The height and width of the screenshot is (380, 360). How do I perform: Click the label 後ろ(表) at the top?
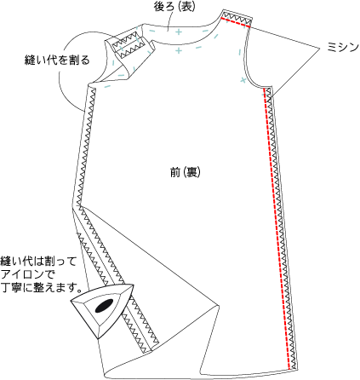[174, 7]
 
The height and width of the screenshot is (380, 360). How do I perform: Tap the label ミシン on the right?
[343, 47]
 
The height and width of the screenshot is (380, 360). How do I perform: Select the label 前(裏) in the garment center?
[186, 172]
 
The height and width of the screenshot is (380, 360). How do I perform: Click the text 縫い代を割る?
[57, 60]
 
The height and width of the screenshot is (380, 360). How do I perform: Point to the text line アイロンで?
[27, 274]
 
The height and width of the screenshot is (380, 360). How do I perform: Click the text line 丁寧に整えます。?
[41, 288]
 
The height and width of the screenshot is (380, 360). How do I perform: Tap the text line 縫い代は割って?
[38, 261]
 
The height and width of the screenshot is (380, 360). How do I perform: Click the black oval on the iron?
[104, 305]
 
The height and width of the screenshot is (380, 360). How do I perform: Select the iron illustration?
[102, 309]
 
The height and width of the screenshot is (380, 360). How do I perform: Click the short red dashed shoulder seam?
[236, 22]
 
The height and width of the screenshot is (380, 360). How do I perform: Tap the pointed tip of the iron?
[133, 285]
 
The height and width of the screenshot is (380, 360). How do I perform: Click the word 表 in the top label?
[186, 7]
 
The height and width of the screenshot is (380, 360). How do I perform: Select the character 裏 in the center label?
[191, 172]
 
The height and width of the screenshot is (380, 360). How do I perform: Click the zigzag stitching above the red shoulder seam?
[237, 18]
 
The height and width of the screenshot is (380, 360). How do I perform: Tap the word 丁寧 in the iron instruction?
[13, 288]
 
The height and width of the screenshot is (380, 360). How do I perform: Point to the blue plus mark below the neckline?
[179, 51]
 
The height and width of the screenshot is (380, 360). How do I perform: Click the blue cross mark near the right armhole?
[243, 80]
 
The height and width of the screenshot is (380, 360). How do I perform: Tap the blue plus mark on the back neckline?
[179, 32]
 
